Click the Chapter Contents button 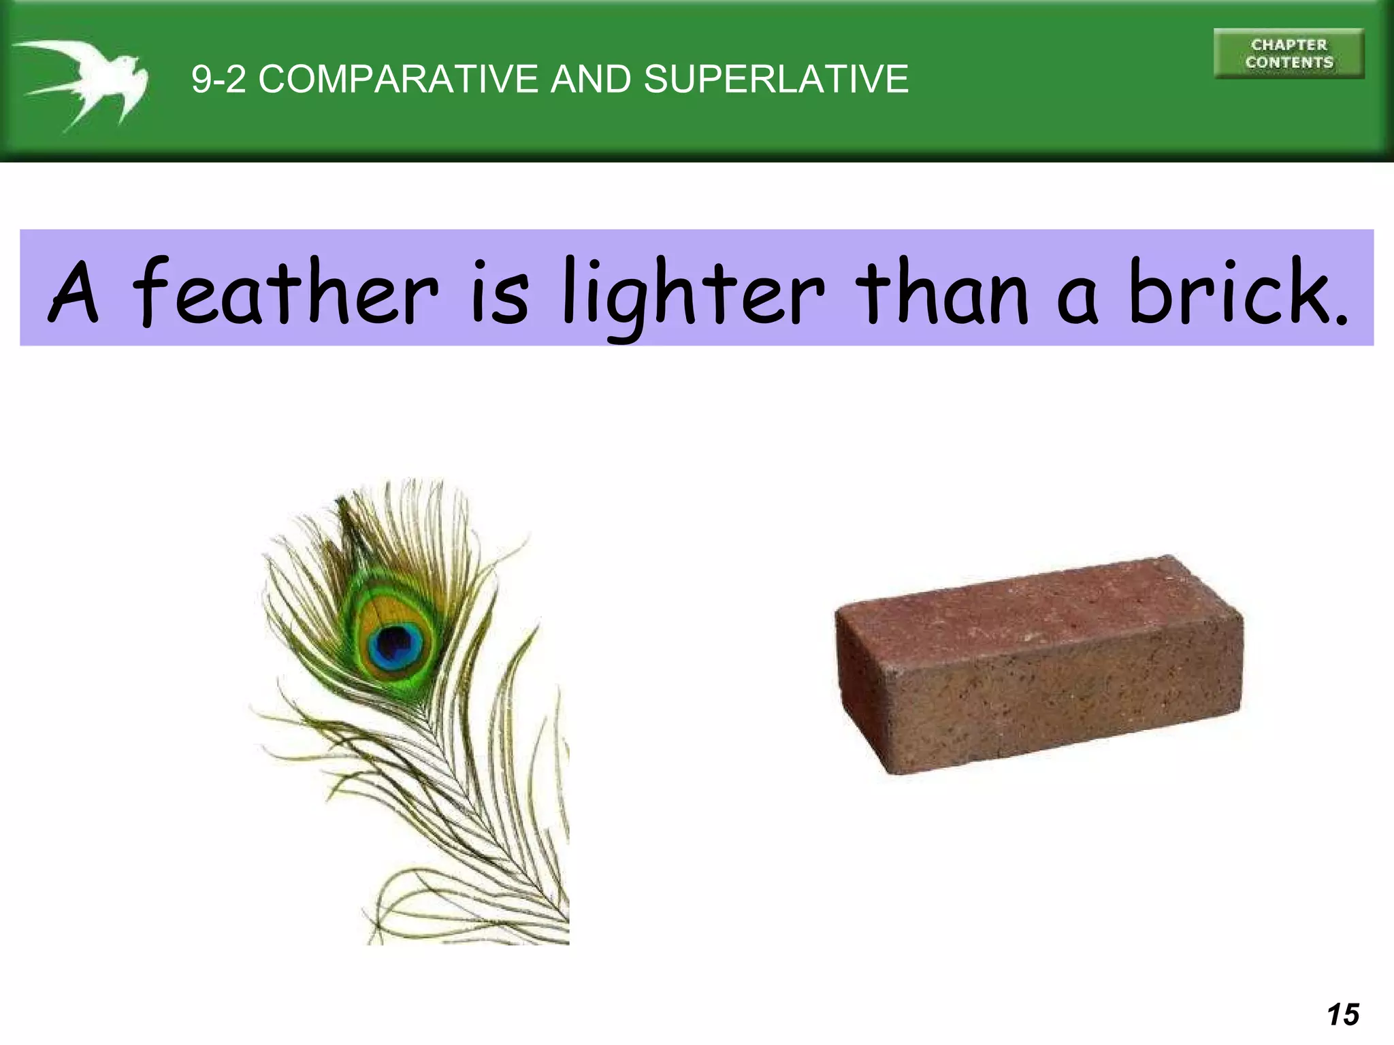[1288, 54]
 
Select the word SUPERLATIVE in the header [776, 79]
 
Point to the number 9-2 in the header [218, 79]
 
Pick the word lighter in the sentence [694, 293]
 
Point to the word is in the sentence [501, 293]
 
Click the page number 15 [1343, 1014]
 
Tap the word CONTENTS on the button [1289, 63]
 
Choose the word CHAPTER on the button [1289, 45]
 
